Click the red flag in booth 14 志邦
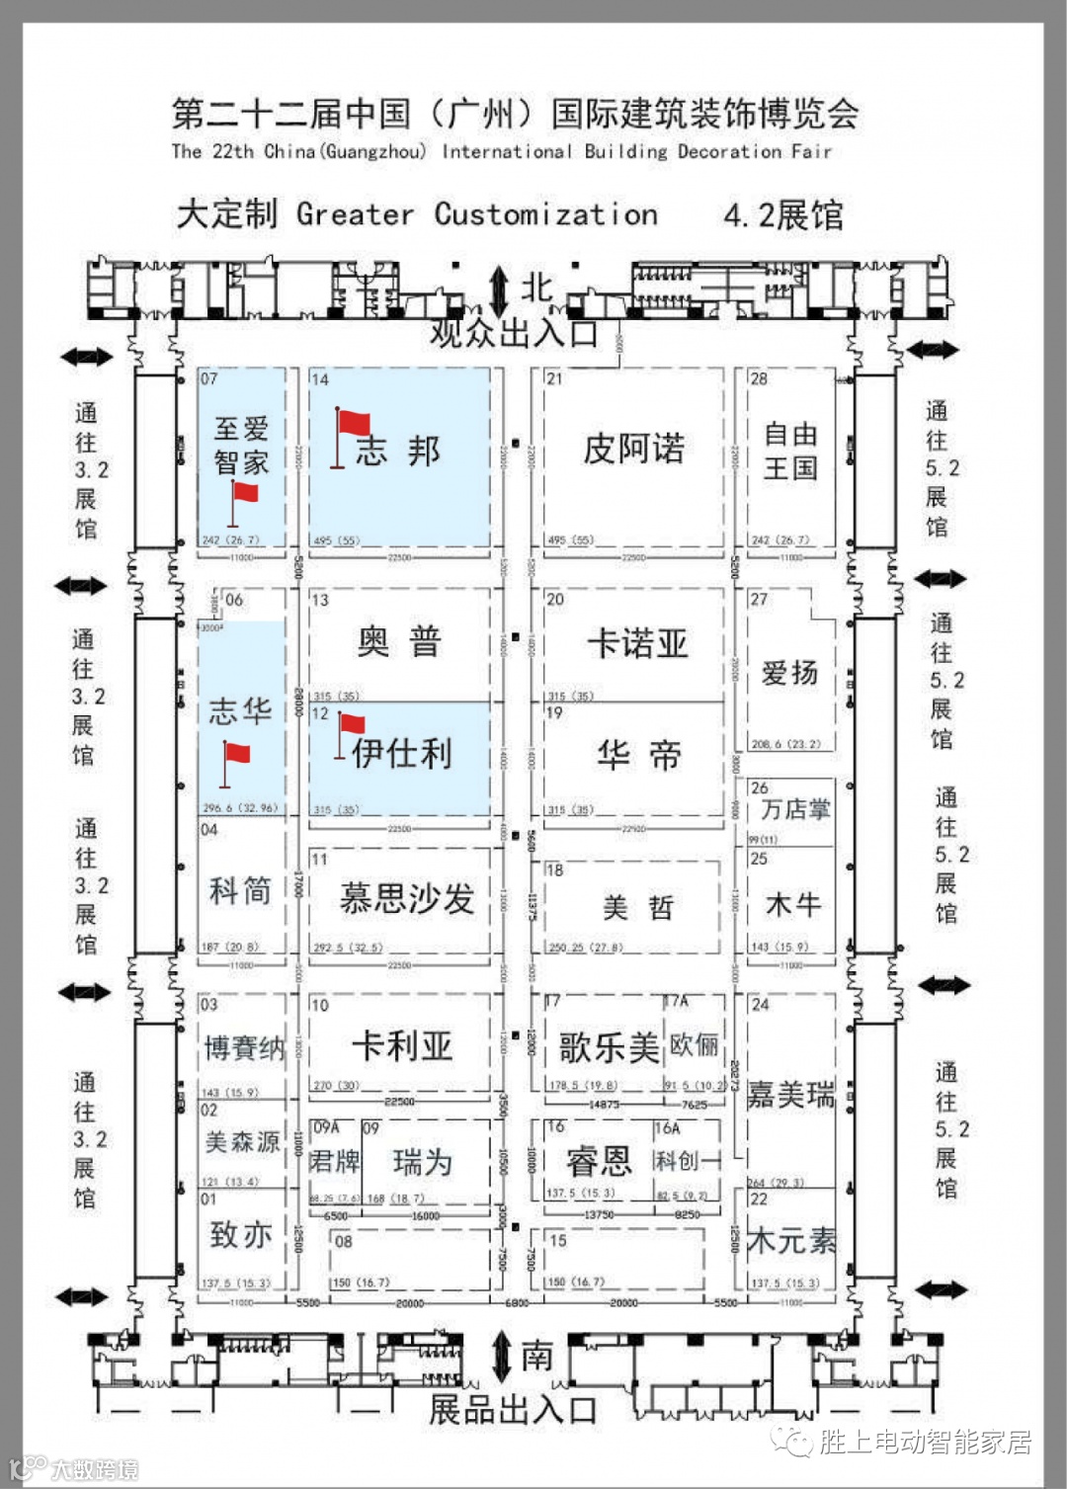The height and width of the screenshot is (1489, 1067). point(354,424)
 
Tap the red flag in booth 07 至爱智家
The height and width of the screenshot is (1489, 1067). point(244,493)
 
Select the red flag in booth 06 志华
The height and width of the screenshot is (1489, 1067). point(235,755)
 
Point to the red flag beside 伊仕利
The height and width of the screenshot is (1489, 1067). point(352,724)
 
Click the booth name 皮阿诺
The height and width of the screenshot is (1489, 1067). point(633,450)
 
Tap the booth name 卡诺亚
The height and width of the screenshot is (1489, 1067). point(637,644)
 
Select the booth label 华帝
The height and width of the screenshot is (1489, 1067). point(638,756)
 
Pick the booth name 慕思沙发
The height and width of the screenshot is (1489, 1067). point(406,899)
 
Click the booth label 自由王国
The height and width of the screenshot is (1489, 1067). point(790,451)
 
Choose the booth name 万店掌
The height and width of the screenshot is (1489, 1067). point(795,810)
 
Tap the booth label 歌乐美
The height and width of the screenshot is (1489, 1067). point(608,1047)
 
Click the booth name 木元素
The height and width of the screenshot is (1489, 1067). point(790,1241)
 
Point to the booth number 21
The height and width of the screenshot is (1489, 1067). point(554,379)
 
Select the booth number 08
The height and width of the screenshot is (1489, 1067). point(343,1242)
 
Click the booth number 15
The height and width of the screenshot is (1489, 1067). point(558,1241)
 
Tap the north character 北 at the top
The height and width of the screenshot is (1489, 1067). point(536,288)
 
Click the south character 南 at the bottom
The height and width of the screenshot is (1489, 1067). point(536,1356)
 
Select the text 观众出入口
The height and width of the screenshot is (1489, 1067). point(514,333)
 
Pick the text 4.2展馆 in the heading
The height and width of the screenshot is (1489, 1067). point(782,215)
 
